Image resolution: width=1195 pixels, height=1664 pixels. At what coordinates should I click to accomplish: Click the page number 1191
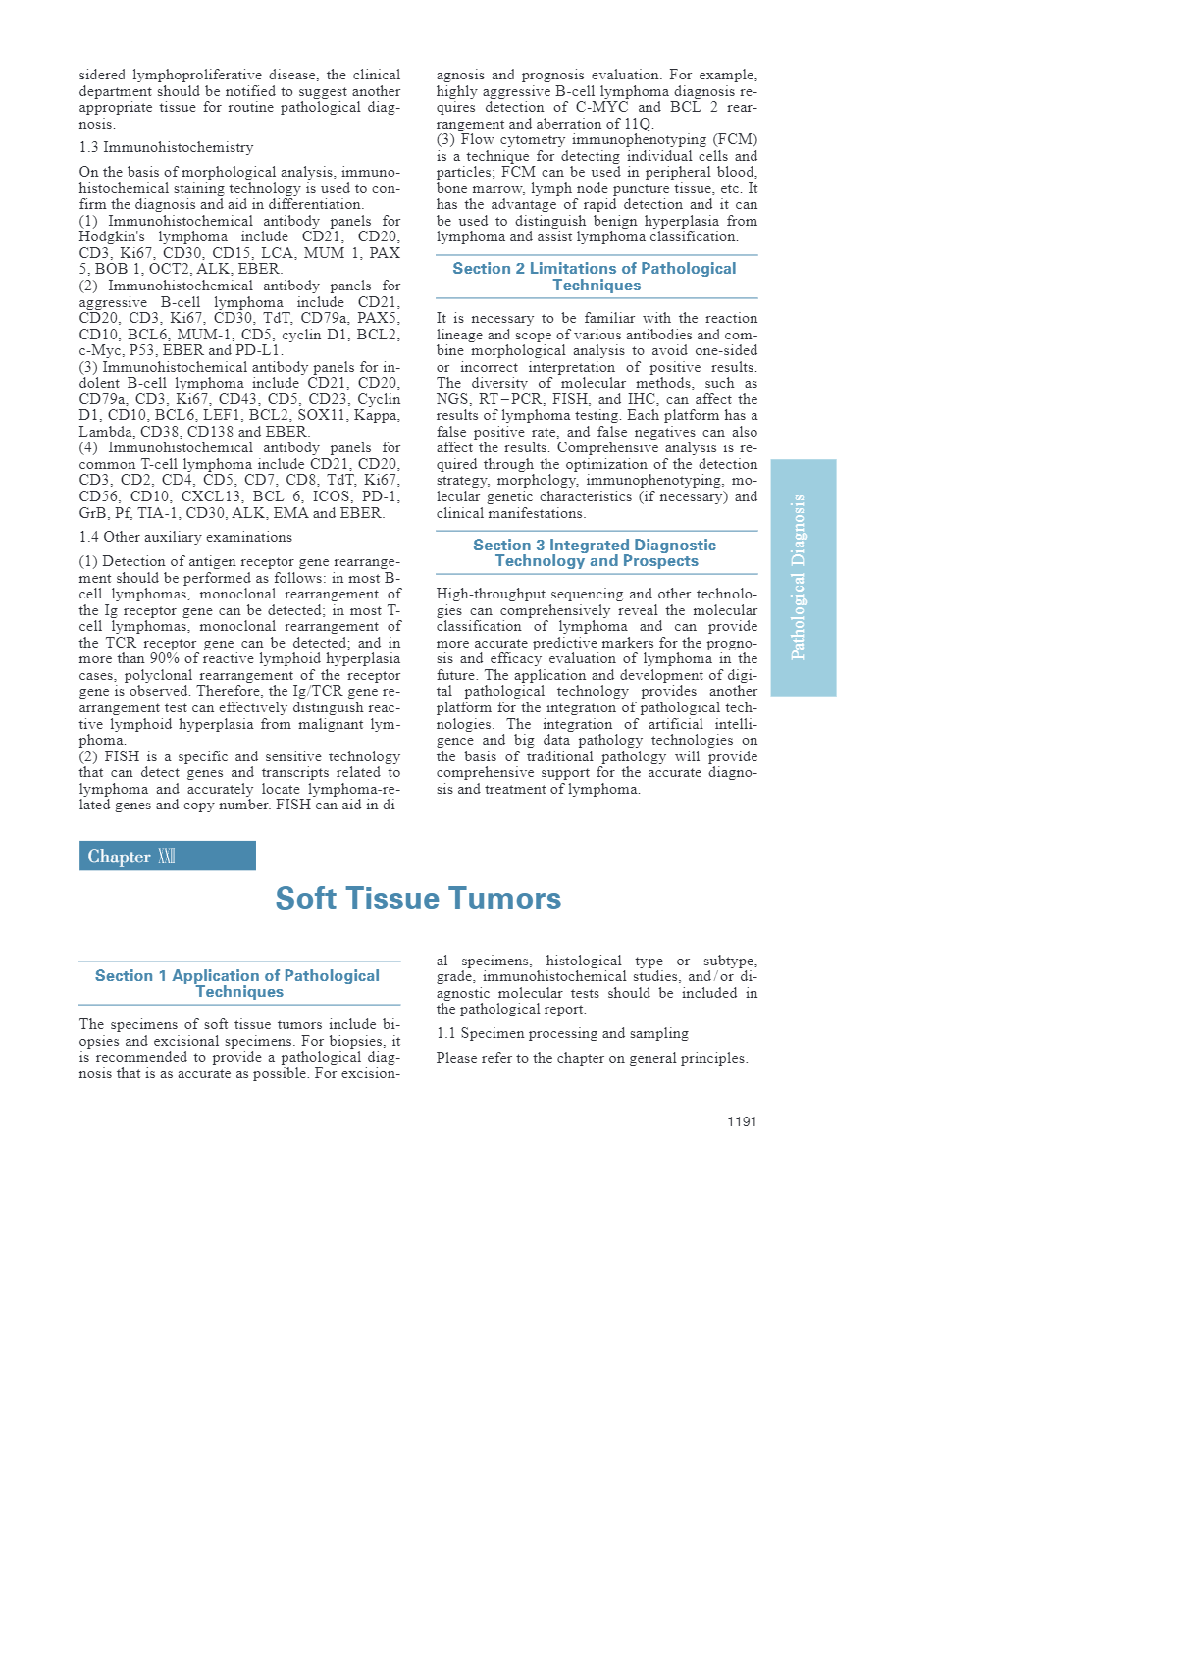(741, 1121)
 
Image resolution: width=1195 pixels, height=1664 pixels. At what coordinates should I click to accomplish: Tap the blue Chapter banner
(167, 856)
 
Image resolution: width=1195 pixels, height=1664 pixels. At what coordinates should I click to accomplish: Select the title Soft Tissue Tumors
(418, 898)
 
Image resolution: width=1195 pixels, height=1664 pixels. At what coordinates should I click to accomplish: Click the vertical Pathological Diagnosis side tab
(803, 577)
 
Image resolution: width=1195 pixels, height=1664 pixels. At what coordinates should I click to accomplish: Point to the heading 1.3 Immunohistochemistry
(166, 147)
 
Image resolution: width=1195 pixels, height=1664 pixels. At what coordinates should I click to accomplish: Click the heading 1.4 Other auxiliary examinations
(185, 537)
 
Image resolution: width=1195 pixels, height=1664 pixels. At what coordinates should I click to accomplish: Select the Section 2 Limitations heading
(596, 277)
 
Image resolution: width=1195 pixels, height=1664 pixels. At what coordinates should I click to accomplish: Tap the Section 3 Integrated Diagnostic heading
(596, 552)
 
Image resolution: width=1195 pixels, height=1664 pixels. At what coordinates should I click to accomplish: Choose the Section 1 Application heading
(238, 983)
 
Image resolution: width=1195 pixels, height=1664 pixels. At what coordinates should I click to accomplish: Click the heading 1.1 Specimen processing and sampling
(562, 1033)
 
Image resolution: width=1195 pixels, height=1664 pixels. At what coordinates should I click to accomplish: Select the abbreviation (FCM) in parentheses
(736, 139)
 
